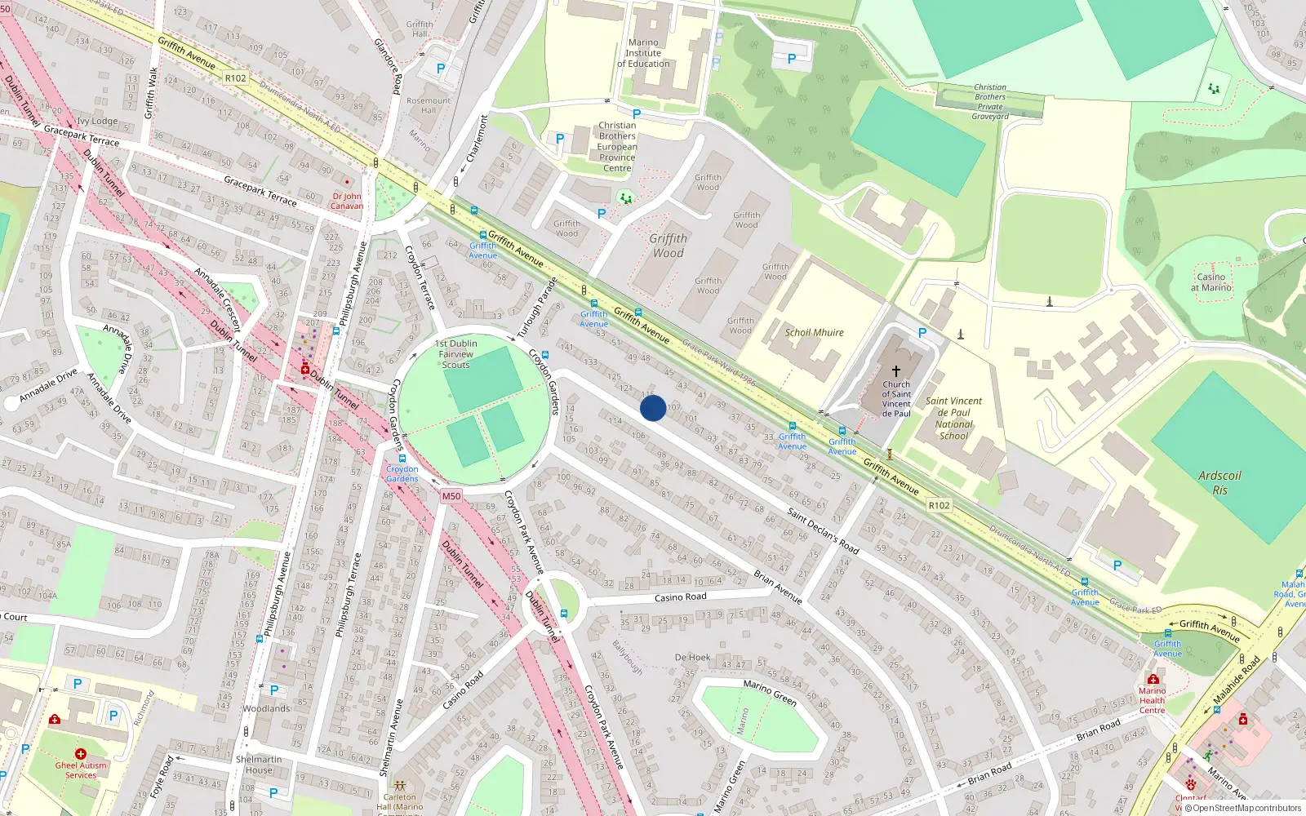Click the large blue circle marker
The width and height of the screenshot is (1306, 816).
[653, 408]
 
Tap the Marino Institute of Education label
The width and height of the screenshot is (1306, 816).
[643, 53]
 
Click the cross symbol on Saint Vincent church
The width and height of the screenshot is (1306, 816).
[895, 370]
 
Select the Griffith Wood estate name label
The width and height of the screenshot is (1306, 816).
[668, 246]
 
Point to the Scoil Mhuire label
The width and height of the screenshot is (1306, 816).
[814, 333]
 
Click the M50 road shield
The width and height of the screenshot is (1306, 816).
[451, 496]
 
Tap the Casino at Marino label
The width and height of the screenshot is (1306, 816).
[1211, 282]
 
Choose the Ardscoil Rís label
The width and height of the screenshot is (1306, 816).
[1219, 483]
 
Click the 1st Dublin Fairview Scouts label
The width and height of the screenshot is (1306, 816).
[455, 354]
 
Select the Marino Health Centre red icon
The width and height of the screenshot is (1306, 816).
[1153, 679]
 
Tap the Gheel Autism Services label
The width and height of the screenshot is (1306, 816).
[81, 770]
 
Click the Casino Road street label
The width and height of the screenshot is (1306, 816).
[680, 597]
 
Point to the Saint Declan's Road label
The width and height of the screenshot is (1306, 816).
[823, 530]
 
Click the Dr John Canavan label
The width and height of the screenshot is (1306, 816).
[347, 201]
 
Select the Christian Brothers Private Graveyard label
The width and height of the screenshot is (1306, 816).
[990, 102]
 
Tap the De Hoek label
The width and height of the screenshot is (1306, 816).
[692, 657]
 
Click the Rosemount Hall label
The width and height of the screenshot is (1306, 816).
[429, 105]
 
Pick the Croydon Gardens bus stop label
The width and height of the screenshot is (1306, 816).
[402, 474]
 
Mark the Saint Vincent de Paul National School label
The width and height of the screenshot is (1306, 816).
[953, 419]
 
